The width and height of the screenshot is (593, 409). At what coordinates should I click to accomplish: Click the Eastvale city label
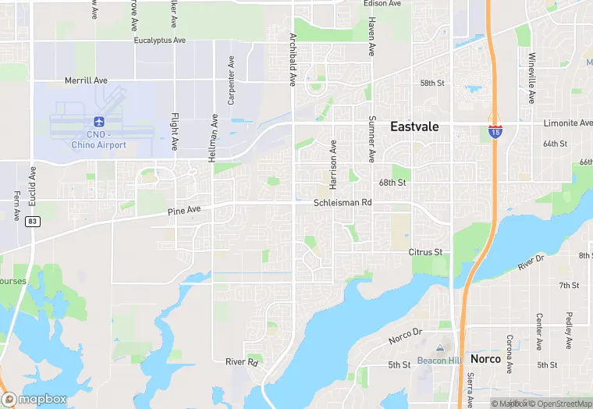[414, 126]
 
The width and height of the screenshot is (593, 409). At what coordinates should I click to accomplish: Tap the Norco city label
[485, 360]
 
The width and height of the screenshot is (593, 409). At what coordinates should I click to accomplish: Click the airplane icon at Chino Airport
[98, 122]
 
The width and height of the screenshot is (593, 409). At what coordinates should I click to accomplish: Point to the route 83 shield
[32, 222]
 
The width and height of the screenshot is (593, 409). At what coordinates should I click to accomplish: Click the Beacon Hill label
[440, 360]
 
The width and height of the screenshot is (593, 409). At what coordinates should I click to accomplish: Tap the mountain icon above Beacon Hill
[440, 348]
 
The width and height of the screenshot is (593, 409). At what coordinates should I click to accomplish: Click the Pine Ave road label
[184, 210]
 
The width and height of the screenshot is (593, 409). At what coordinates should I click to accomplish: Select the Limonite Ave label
[567, 123]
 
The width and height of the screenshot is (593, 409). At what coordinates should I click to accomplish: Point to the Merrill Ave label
[86, 80]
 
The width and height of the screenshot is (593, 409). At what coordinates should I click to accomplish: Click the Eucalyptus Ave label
[159, 40]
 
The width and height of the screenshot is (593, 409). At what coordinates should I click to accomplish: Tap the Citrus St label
[425, 252]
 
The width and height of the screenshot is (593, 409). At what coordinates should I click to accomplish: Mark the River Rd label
[241, 362]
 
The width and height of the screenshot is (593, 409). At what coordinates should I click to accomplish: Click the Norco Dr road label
[405, 336]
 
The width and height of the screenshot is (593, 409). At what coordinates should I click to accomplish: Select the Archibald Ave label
[293, 59]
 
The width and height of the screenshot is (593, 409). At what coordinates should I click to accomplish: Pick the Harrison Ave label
[333, 165]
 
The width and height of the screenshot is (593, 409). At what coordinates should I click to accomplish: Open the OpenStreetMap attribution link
[557, 404]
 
